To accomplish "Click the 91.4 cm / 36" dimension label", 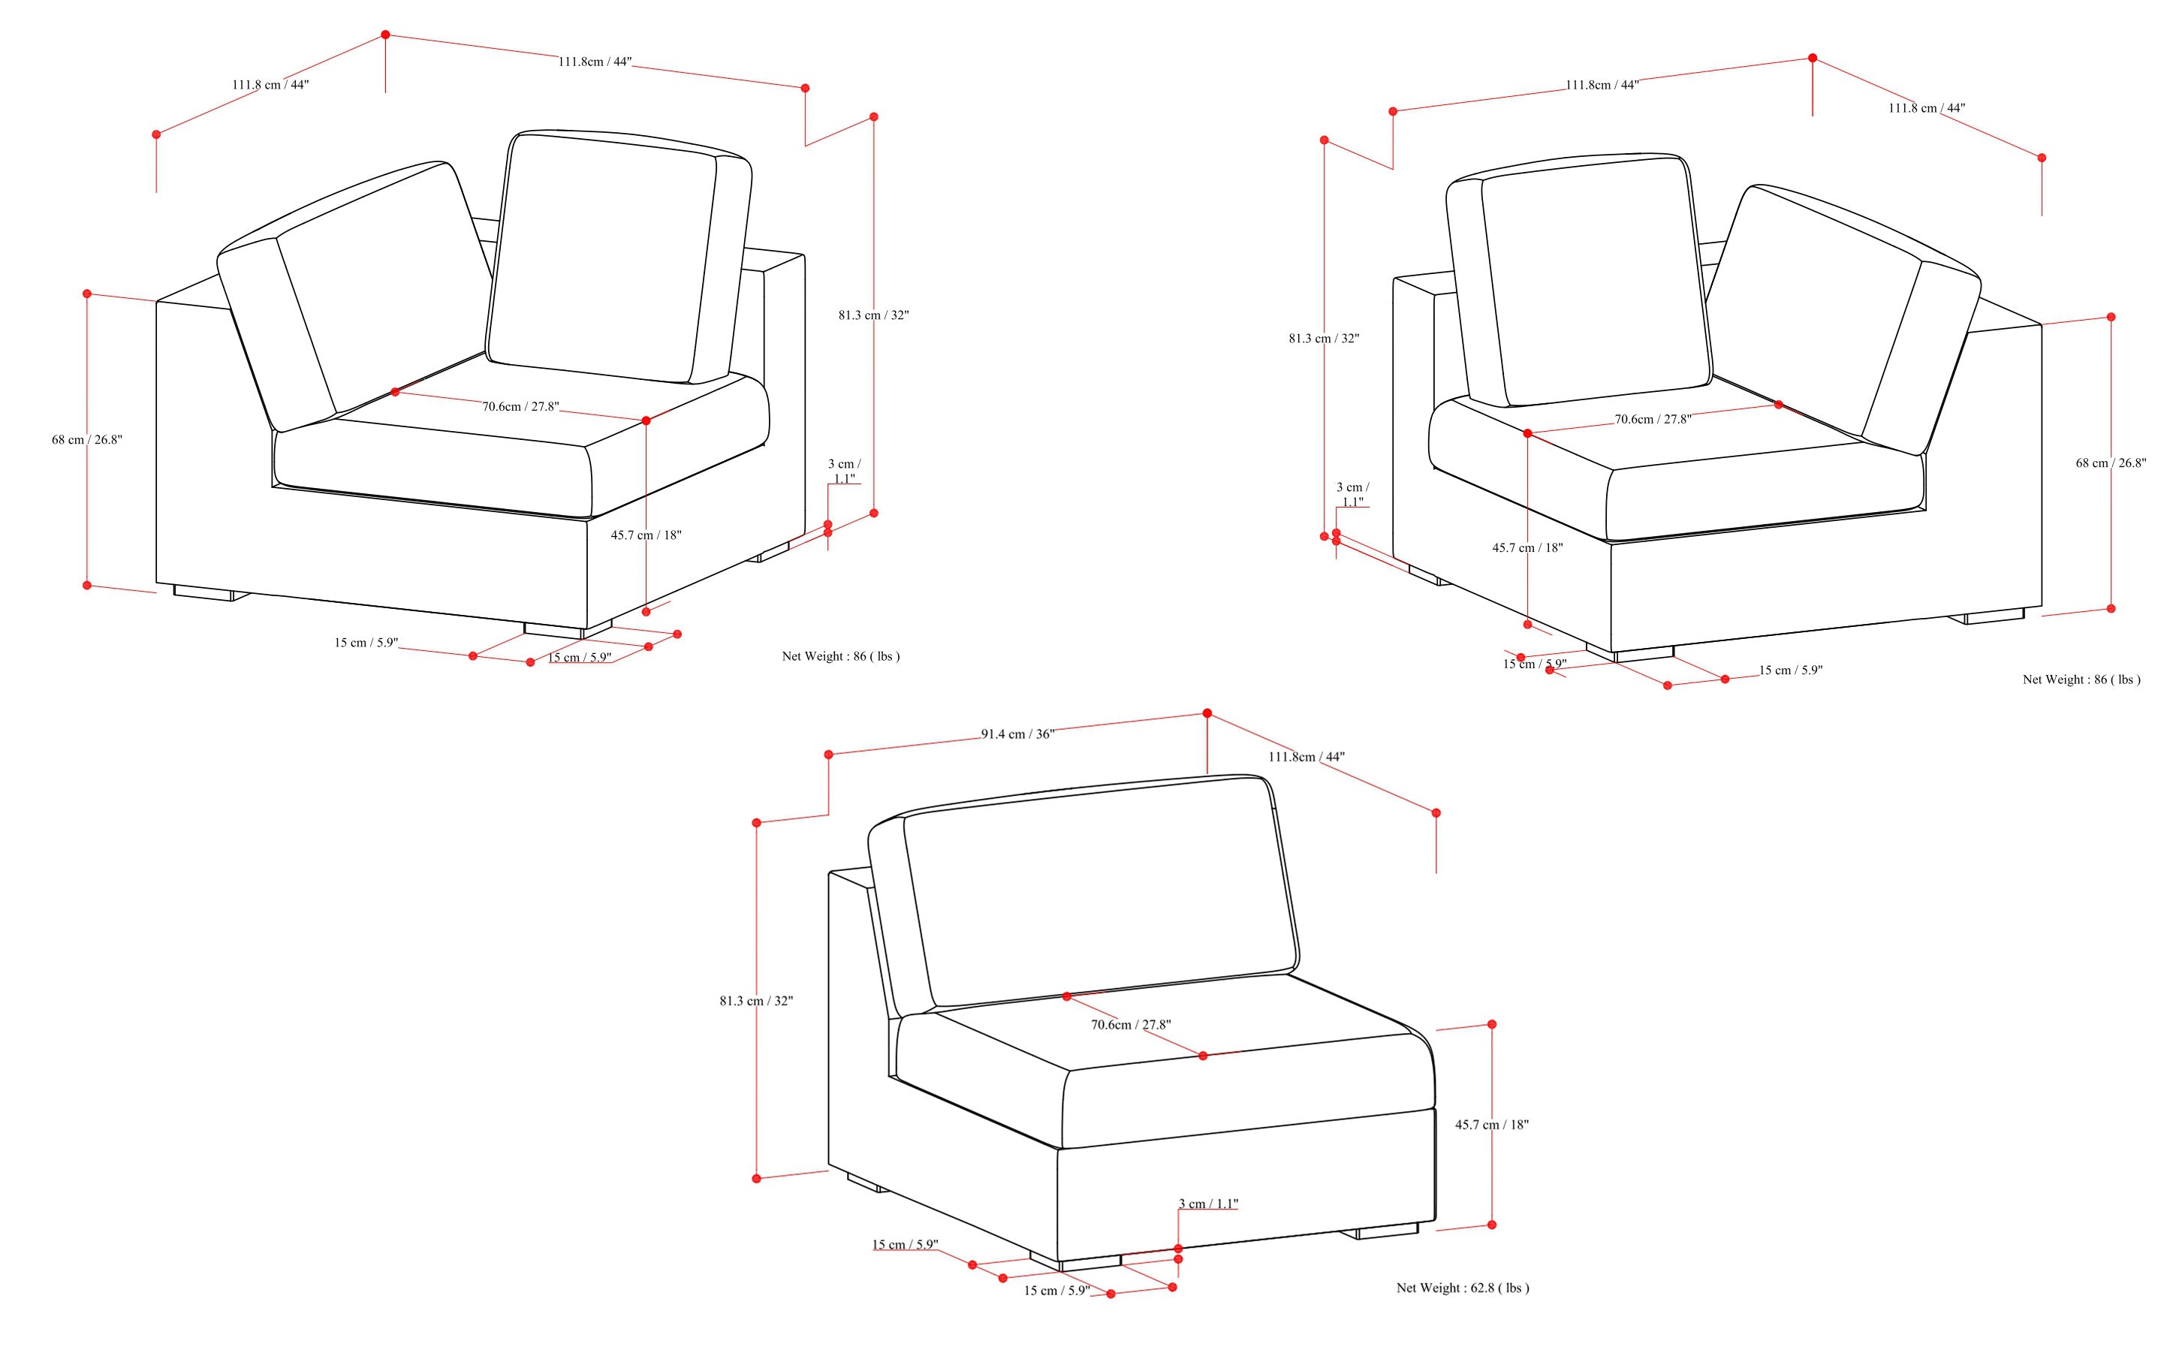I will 1017,734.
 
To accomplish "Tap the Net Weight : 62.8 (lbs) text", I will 1462,1288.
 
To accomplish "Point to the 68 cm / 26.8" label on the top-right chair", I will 2110,463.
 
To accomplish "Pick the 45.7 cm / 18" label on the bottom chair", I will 1491,1125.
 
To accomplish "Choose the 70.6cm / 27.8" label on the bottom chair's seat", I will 1130,1025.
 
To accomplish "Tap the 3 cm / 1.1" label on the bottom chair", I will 1208,1204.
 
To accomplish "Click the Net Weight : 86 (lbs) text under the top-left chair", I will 840,656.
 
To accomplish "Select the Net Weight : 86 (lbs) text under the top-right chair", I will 2081,679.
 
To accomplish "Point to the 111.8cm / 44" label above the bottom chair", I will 1307,757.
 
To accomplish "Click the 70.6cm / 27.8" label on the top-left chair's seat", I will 520,406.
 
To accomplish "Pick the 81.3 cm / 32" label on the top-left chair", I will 873,315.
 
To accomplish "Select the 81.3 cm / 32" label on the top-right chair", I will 1323,339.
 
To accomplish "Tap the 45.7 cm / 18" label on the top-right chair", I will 1527,547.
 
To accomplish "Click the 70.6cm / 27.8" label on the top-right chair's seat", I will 1652,419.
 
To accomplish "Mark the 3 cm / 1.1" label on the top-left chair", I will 843,472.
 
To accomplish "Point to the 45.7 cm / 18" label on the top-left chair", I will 646,535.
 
